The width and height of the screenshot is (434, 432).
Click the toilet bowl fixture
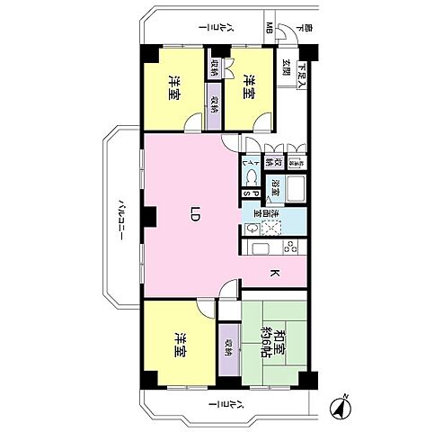(255, 164)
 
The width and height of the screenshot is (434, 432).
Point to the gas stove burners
(291, 248)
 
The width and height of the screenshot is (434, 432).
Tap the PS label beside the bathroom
(254, 193)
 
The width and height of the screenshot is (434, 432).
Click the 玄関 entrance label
(286, 68)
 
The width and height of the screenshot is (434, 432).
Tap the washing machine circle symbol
(252, 229)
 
